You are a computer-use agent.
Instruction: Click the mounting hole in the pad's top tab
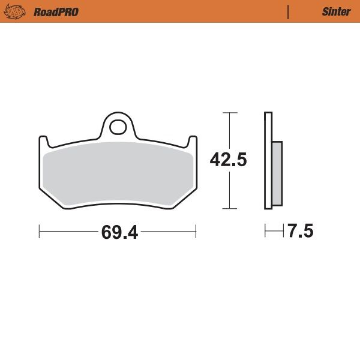pyautogui.click(x=119, y=127)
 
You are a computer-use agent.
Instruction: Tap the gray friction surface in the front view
pyautogui.click(x=118, y=174)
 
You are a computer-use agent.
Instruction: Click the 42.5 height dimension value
pyautogui.click(x=228, y=160)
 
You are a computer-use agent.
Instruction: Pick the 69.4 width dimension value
pyautogui.click(x=119, y=232)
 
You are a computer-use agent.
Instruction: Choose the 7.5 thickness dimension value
pyautogui.click(x=301, y=232)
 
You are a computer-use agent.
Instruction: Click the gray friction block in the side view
pyautogui.click(x=277, y=173)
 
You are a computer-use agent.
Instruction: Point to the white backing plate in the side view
pyautogui.click(x=268, y=161)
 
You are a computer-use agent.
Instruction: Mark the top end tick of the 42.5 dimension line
pyautogui.click(x=230, y=113)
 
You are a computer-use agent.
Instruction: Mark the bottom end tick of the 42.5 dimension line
pyautogui.click(x=230, y=209)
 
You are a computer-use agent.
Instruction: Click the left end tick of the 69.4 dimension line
pyautogui.click(x=40, y=231)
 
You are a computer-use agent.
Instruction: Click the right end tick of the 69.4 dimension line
pyautogui.click(x=196, y=231)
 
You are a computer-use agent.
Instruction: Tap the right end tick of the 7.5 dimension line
pyautogui.click(x=283, y=231)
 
